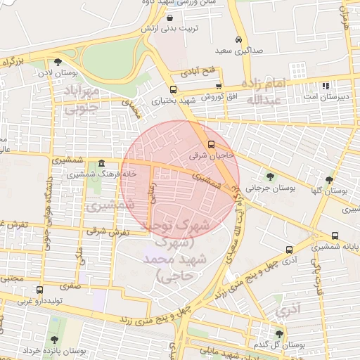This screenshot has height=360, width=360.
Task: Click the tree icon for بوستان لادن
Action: (67, 62)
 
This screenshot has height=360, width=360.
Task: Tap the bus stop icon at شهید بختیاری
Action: (173, 89)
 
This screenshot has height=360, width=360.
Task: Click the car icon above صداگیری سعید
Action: (240, 39)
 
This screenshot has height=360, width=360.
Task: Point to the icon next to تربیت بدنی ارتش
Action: (172, 18)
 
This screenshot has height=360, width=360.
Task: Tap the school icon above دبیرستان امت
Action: (325, 86)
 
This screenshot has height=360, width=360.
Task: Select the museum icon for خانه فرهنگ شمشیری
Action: (101, 162)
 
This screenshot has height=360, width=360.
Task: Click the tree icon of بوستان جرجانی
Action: (270, 176)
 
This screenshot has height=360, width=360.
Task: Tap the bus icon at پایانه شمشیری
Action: (334, 236)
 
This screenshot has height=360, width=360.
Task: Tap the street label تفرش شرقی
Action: (109, 231)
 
